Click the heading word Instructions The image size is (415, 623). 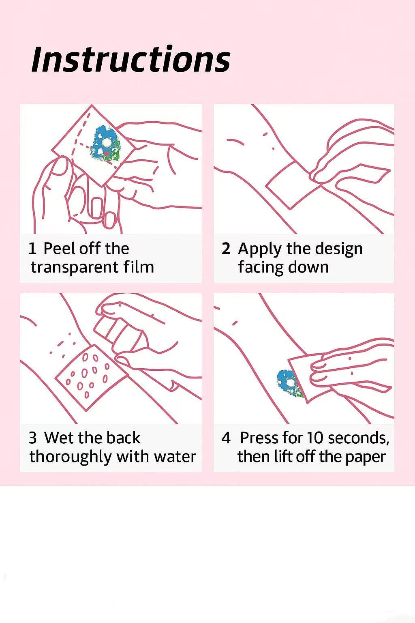(131, 59)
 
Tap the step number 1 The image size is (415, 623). (32, 248)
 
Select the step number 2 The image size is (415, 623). (226, 248)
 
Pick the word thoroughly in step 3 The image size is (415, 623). (71, 457)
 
